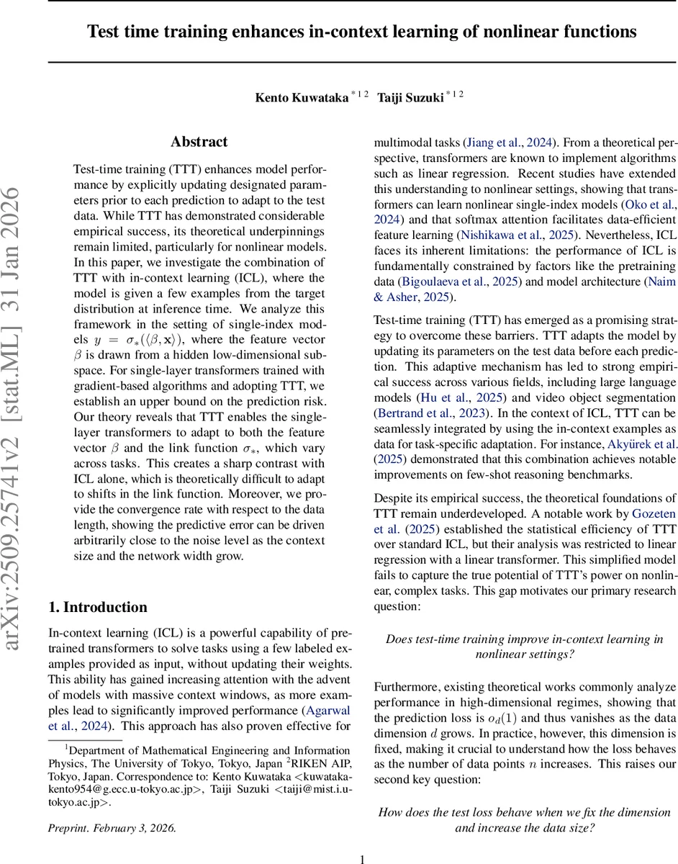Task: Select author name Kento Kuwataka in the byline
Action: pos(302,97)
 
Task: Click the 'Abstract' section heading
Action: pos(199,142)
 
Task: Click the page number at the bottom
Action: pos(363,858)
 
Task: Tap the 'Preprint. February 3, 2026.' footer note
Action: pos(112,827)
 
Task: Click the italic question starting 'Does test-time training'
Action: pos(525,647)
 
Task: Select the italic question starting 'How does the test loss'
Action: pos(525,820)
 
